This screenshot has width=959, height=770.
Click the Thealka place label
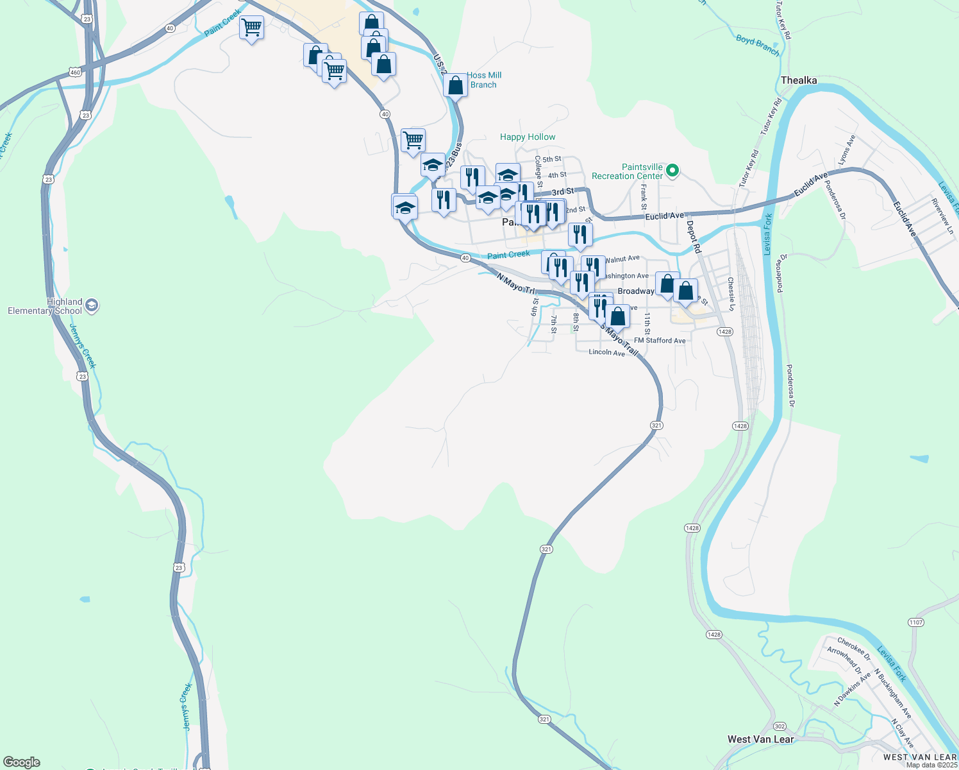tap(799, 80)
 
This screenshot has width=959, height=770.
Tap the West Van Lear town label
tap(760, 739)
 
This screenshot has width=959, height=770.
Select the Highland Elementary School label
tap(45, 306)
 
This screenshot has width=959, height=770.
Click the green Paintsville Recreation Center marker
tap(672, 171)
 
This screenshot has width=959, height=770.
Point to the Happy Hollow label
tap(528, 137)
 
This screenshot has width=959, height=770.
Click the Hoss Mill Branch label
tap(484, 80)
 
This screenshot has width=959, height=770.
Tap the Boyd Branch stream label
tap(757, 45)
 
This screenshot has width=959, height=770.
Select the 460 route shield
tap(76, 73)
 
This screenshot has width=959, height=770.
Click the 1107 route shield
tap(916, 622)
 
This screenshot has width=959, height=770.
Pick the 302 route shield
tap(780, 726)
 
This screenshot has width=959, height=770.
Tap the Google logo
tap(22, 762)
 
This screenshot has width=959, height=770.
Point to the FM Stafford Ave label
tap(660, 341)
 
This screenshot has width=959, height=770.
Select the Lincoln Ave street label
tap(606, 352)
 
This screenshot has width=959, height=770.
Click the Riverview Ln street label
tap(942, 216)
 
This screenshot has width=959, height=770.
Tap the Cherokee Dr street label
tap(854, 649)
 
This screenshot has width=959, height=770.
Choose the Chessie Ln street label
tap(731, 295)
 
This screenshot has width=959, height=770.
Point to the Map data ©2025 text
tap(931, 765)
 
